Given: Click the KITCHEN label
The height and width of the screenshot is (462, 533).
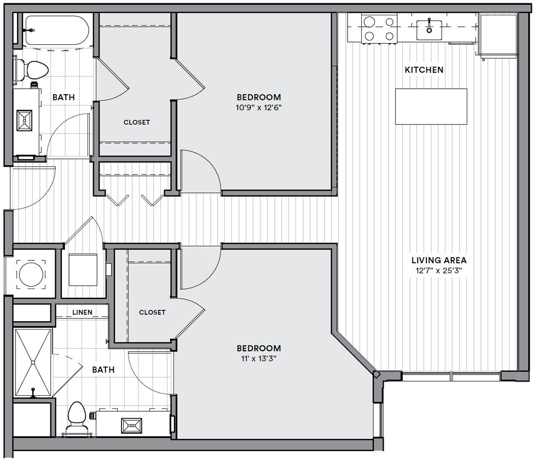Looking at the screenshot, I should pos(424,70).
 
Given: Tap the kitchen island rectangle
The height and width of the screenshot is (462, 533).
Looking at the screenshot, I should pos(431,106).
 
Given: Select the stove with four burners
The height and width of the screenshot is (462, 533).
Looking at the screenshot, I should pos(379,28).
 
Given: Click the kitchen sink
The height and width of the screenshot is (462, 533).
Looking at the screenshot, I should pos(429,29).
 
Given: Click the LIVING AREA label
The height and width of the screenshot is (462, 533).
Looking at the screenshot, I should pos(439,261).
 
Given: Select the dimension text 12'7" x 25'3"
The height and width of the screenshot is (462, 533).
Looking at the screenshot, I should pos(439,271).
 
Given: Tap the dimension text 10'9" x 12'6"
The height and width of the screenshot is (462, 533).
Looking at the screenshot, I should pos(259,108).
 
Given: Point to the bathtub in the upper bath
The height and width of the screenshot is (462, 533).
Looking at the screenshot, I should pos(58,31).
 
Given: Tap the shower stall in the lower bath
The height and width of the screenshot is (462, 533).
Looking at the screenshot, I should pos(33,362).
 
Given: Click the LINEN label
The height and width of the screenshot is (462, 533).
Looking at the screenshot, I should pos(82,313).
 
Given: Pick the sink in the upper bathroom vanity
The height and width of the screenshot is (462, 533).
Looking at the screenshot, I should pos(25,121).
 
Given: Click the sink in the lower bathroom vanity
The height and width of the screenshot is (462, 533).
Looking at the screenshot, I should pos(131,425).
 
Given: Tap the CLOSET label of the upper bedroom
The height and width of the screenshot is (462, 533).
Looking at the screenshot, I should pos(136,123).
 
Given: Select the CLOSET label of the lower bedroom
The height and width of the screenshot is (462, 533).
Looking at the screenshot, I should pos(152,313).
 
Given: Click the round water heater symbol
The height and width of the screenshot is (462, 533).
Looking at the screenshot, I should pos(30,274).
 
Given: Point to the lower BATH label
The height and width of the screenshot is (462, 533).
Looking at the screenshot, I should pos(103,370).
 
